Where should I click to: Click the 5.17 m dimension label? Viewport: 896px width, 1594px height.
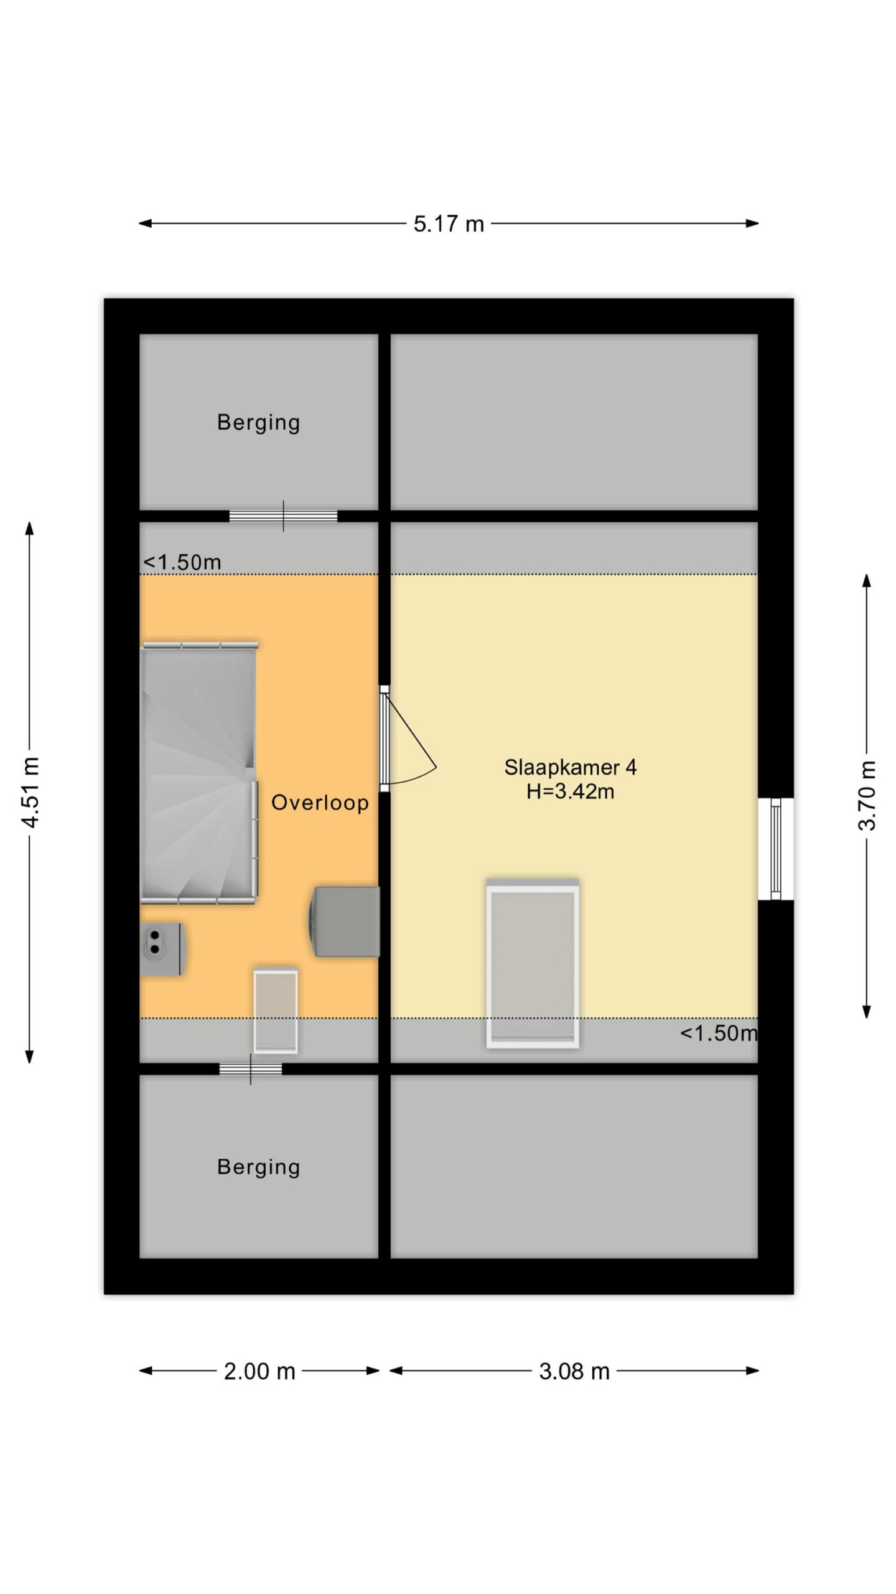pos(448,224)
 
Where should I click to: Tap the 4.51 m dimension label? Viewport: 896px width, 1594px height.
pos(30,792)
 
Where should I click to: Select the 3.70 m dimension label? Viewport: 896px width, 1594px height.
pos(867,796)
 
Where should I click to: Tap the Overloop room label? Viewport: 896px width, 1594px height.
pos(320,803)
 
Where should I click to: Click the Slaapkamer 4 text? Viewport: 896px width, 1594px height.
pos(570,767)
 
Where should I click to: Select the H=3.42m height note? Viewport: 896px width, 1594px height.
pos(570,791)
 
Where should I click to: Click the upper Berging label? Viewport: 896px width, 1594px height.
pos(258,423)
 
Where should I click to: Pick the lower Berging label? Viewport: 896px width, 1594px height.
pos(258,1167)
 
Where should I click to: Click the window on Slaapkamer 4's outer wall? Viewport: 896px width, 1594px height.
pos(775,849)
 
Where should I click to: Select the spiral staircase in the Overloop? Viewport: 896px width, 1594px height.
pos(199,772)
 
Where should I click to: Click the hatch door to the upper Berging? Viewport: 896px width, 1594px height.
pos(283,516)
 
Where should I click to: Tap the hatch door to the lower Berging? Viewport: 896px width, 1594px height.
pos(250,1069)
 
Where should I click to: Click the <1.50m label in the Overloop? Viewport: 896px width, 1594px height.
pos(182,562)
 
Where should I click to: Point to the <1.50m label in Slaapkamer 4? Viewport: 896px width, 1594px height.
pos(719,1034)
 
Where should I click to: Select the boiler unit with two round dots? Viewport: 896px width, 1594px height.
pos(162,949)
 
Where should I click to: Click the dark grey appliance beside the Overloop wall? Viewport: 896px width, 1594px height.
pos(344,922)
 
